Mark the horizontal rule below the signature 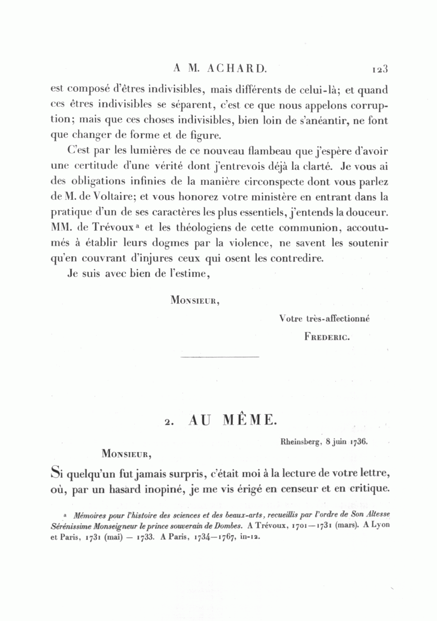(219, 358)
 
